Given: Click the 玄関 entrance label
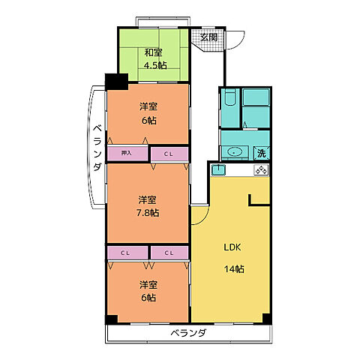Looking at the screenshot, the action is click(209, 37).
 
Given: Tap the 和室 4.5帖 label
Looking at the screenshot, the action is click(155, 59).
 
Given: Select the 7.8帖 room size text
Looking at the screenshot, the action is click(148, 213).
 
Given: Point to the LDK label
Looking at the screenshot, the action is click(232, 247).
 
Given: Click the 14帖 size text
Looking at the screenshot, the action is click(234, 269).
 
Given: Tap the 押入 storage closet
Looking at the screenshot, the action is click(127, 153).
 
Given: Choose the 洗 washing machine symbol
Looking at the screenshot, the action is click(262, 153).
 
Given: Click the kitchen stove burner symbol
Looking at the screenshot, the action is click(261, 170).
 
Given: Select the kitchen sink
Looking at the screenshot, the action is click(218, 170).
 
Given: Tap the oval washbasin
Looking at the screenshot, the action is click(234, 151).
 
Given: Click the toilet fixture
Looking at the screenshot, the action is click(229, 97).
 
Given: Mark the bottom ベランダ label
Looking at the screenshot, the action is click(189, 333).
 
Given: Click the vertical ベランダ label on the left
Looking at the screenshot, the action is click(97, 148).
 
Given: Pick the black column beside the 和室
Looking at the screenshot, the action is click(117, 82).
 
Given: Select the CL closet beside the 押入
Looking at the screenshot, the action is click(169, 154).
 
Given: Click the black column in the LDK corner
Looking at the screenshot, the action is click(267, 318).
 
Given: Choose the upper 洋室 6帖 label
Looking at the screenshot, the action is click(148, 113).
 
